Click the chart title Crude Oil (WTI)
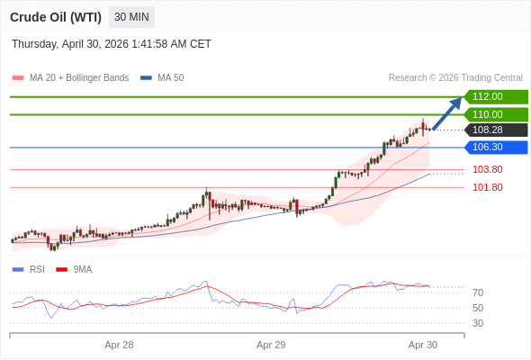pos(56,17)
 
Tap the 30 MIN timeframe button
pos(132,17)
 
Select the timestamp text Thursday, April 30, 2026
pos(112,43)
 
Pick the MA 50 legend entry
pos(170,77)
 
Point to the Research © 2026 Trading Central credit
pos(455,77)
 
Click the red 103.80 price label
pos(487,169)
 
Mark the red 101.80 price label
pos(487,187)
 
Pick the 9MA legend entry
pos(82,269)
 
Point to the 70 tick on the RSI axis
pos(478,292)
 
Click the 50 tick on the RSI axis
pos(478,308)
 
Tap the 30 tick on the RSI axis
pos(478,323)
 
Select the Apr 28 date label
pos(119,345)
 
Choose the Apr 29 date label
pos(271,345)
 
